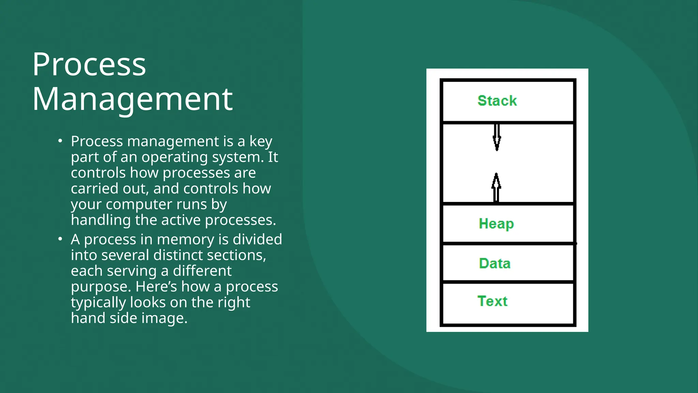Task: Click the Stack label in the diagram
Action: [x=497, y=101]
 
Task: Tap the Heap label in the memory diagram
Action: [x=496, y=224]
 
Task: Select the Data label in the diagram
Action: [x=495, y=263]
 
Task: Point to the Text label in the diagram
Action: [x=492, y=301]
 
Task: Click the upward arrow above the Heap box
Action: [x=496, y=187]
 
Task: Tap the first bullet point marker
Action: [x=60, y=141]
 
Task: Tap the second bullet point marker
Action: [x=60, y=239]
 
